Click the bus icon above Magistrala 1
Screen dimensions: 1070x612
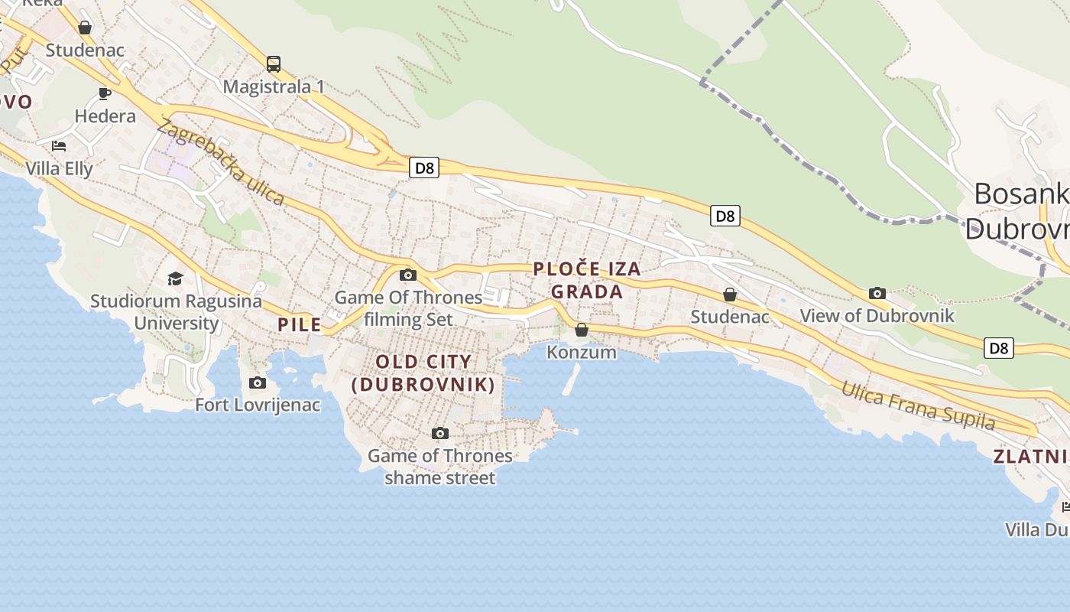(x=274, y=64)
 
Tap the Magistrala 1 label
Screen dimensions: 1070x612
(x=274, y=86)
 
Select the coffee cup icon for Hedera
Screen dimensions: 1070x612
(x=105, y=94)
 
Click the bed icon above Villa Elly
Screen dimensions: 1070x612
(x=59, y=145)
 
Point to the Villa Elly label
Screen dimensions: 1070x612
(x=59, y=168)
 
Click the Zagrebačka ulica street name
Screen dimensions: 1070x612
(x=221, y=162)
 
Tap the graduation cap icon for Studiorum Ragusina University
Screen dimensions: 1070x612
(x=176, y=278)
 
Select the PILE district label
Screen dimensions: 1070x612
(x=300, y=324)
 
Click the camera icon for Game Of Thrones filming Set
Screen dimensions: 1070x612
(x=408, y=275)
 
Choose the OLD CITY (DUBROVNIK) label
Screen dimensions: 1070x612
(x=423, y=373)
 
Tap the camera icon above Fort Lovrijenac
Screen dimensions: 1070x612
(x=258, y=382)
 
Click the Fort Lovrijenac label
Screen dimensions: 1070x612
(x=258, y=405)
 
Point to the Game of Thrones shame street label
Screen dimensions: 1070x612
(x=439, y=467)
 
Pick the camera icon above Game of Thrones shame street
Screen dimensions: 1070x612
(x=439, y=434)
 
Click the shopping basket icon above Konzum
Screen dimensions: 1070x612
(x=582, y=330)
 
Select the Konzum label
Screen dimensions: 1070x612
(x=582, y=352)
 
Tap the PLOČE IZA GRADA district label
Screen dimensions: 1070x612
(x=587, y=280)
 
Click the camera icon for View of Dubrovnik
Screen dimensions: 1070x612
(x=877, y=293)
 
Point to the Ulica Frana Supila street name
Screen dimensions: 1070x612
(x=918, y=405)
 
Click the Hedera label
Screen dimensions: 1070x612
(x=105, y=116)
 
